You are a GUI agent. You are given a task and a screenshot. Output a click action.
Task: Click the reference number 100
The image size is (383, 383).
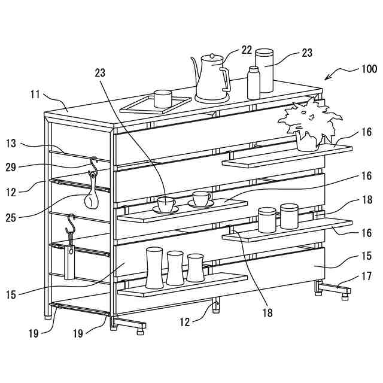(369, 69)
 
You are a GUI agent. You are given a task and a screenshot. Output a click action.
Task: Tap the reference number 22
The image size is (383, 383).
(247, 50)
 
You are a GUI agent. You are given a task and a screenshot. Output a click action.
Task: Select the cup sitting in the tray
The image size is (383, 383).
(163, 99)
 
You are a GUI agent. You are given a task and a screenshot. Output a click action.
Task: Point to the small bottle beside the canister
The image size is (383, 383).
(254, 83)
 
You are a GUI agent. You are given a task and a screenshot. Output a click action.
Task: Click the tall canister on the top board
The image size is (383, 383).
(265, 71)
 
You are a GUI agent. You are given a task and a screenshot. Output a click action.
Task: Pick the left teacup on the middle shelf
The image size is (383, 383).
(166, 204)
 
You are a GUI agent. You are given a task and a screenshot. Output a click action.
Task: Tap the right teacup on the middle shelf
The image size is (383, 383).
(202, 199)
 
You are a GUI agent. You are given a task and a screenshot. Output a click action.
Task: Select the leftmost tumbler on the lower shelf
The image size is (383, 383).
(154, 267)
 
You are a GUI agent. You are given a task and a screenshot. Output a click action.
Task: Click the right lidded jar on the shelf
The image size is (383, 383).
(289, 216)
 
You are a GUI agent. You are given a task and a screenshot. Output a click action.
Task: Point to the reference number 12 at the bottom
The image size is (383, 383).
(184, 321)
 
